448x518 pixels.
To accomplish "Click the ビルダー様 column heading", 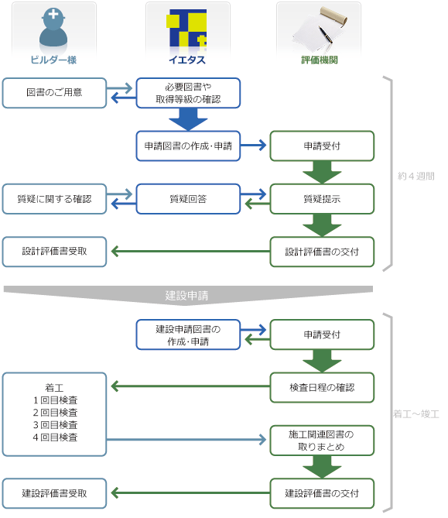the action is click(x=53, y=60).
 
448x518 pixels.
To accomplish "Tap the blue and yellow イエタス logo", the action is click(x=188, y=28).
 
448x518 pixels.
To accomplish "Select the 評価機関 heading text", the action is click(x=320, y=60).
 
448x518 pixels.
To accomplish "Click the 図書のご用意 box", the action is click(x=54, y=93).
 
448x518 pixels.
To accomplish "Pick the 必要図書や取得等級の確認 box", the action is click(x=188, y=93).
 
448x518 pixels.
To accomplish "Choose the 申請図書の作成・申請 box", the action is click(x=188, y=146).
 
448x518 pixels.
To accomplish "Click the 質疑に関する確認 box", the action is click(x=54, y=199).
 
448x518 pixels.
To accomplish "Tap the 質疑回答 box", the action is click(x=188, y=199).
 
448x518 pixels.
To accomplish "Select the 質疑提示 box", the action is click(x=322, y=199).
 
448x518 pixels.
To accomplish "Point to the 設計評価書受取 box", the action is click(x=54, y=252).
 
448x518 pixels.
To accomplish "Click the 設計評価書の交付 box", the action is click(x=322, y=252).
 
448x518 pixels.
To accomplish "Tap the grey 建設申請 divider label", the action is click(x=186, y=295).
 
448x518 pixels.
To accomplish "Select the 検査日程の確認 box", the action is click(x=322, y=387).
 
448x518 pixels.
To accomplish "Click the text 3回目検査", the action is click(x=55, y=425).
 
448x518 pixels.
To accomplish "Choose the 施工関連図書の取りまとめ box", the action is click(x=322, y=441).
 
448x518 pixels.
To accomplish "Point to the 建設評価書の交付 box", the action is click(x=322, y=493).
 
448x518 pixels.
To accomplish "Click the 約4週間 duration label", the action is click(x=416, y=176).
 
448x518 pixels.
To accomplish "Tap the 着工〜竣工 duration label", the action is click(x=416, y=414).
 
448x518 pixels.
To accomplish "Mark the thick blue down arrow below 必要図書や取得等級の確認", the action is click(x=188, y=119).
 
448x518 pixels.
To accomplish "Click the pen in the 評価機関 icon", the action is click(x=326, y=35).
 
